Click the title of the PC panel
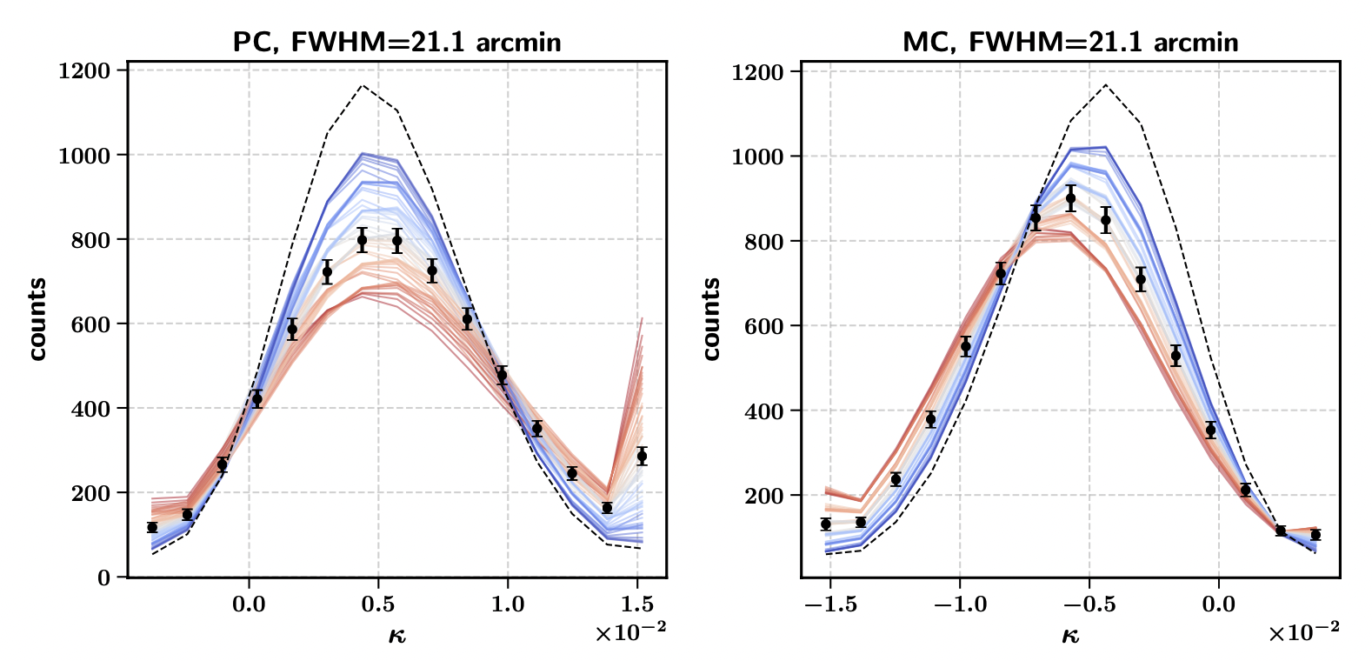[396, 42]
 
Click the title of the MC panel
[1070, 42]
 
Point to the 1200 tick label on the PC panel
[84, 70]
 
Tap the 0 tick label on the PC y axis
[104, 578]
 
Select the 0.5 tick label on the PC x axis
[378, 604]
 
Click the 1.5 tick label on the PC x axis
[637, 604]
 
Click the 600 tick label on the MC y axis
[763, 326]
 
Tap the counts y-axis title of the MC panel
[711, 319]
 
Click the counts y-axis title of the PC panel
[37, 319]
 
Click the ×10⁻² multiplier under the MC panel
[1303, 632]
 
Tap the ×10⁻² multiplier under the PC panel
[630, 632]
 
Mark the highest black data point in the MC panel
[1070, 198]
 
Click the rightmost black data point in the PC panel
[642, 456]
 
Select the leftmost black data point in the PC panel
[152, 527]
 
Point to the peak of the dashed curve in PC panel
[363, 85]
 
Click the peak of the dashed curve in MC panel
[1106, 84]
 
